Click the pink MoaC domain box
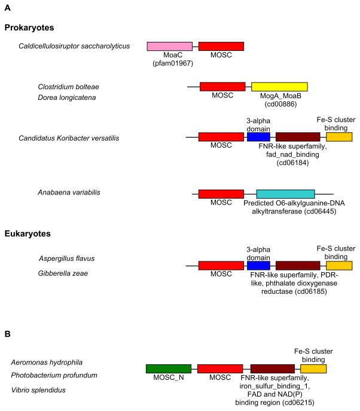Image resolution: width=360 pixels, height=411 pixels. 170,46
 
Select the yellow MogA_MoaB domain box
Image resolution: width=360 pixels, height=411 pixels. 279,87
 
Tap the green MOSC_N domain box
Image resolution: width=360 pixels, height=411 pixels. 168,369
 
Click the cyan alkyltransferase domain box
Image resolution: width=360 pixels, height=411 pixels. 285,194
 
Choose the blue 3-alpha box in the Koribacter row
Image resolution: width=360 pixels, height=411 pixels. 258,137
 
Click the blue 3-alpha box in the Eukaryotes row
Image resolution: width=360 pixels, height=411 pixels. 258,265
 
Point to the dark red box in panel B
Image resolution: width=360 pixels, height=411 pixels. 272,369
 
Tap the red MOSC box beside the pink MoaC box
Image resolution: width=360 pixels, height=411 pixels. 221,46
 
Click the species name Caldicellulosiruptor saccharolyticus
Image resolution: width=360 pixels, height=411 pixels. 74,46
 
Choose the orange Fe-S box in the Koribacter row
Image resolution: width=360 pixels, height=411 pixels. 339,137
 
